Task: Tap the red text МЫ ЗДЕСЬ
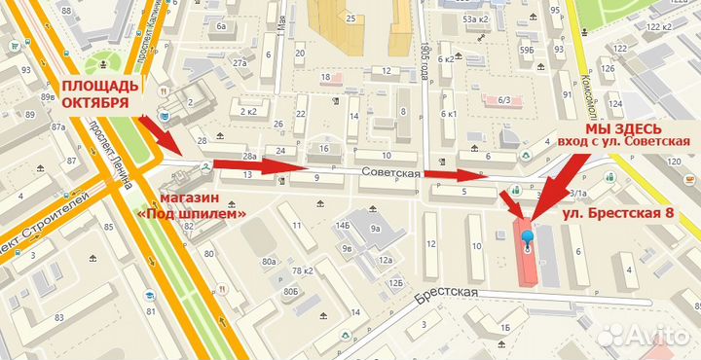pos(623,128)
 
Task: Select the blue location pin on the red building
pos(528,238)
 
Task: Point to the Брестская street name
pos(448,292)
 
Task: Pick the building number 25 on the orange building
pos(348,18)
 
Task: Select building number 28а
pos(249,156)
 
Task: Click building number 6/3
pos(504,99)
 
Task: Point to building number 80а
pos(270,262)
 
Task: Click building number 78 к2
pos(302,270)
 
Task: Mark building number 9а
pos(375,231)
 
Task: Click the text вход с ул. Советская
pos(623,143)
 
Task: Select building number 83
pos(58,318)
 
